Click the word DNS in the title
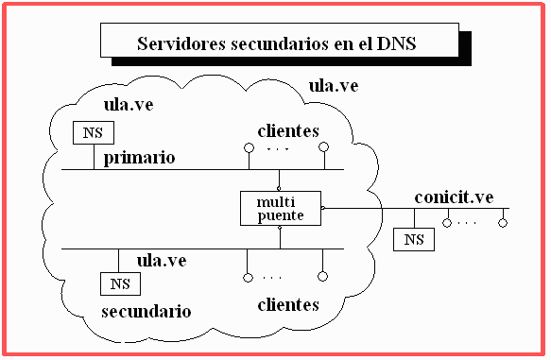tap(396, 43)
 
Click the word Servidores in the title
tap(181, 43)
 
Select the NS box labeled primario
tap(94, 133)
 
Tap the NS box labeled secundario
tap(121, 283)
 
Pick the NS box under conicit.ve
tap(414, 240)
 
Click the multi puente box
tap(281, 208)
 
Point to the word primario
tap(139, 159)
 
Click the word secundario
tap(146, 312)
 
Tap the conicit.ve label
tap(454, 197)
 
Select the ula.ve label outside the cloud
tap(334, 86)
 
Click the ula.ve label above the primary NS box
tap(129, 105)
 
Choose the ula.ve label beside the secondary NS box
tap(162, 261)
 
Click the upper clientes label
tap(288, 131)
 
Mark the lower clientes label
tap(288, 305)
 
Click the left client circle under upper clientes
tap(249, 147)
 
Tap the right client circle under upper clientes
tap(323, 146)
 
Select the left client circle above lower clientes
tap(248, 278)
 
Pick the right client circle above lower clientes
tap(322, 277)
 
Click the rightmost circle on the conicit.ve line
tap(503, 223)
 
